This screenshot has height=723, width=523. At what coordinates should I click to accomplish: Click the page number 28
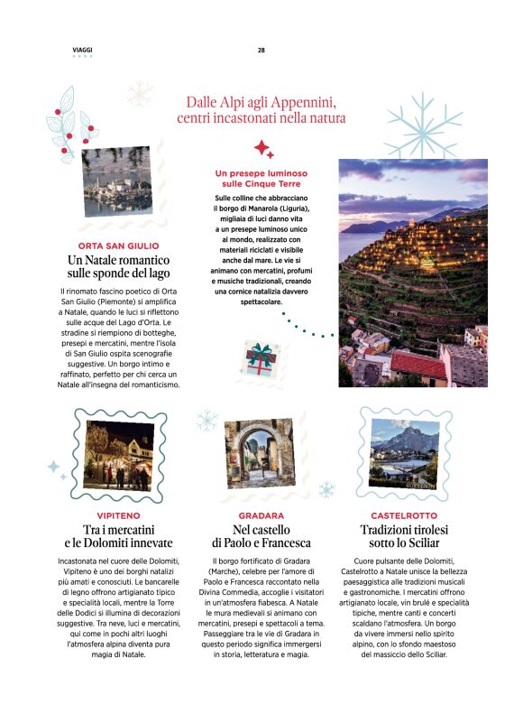coord(261,50)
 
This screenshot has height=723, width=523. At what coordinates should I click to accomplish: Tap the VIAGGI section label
coord(82,50)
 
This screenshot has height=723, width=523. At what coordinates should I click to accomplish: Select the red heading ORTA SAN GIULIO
coord(118,246)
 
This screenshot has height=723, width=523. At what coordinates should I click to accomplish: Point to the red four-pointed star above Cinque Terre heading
coord(262,148)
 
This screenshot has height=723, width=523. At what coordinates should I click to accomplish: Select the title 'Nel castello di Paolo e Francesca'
coord(261,536)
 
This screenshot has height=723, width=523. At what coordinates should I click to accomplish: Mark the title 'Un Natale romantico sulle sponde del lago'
coord(118,266)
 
